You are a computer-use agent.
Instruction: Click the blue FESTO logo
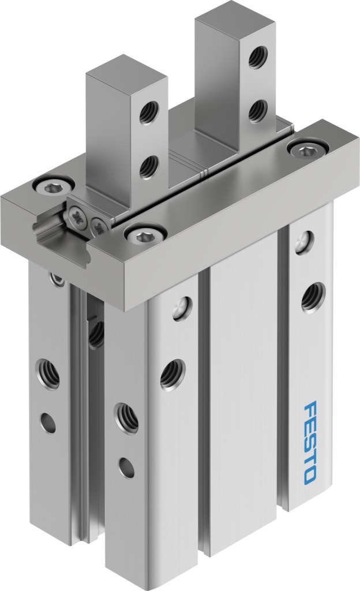(x=310, y=443)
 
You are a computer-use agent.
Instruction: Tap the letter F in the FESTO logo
(x=310, y=409)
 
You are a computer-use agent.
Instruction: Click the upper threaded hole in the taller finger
(x=258, y=57)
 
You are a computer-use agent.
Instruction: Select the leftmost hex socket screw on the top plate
(x=52, y=185)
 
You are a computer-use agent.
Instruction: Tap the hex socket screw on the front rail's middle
(x=145, y=236)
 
